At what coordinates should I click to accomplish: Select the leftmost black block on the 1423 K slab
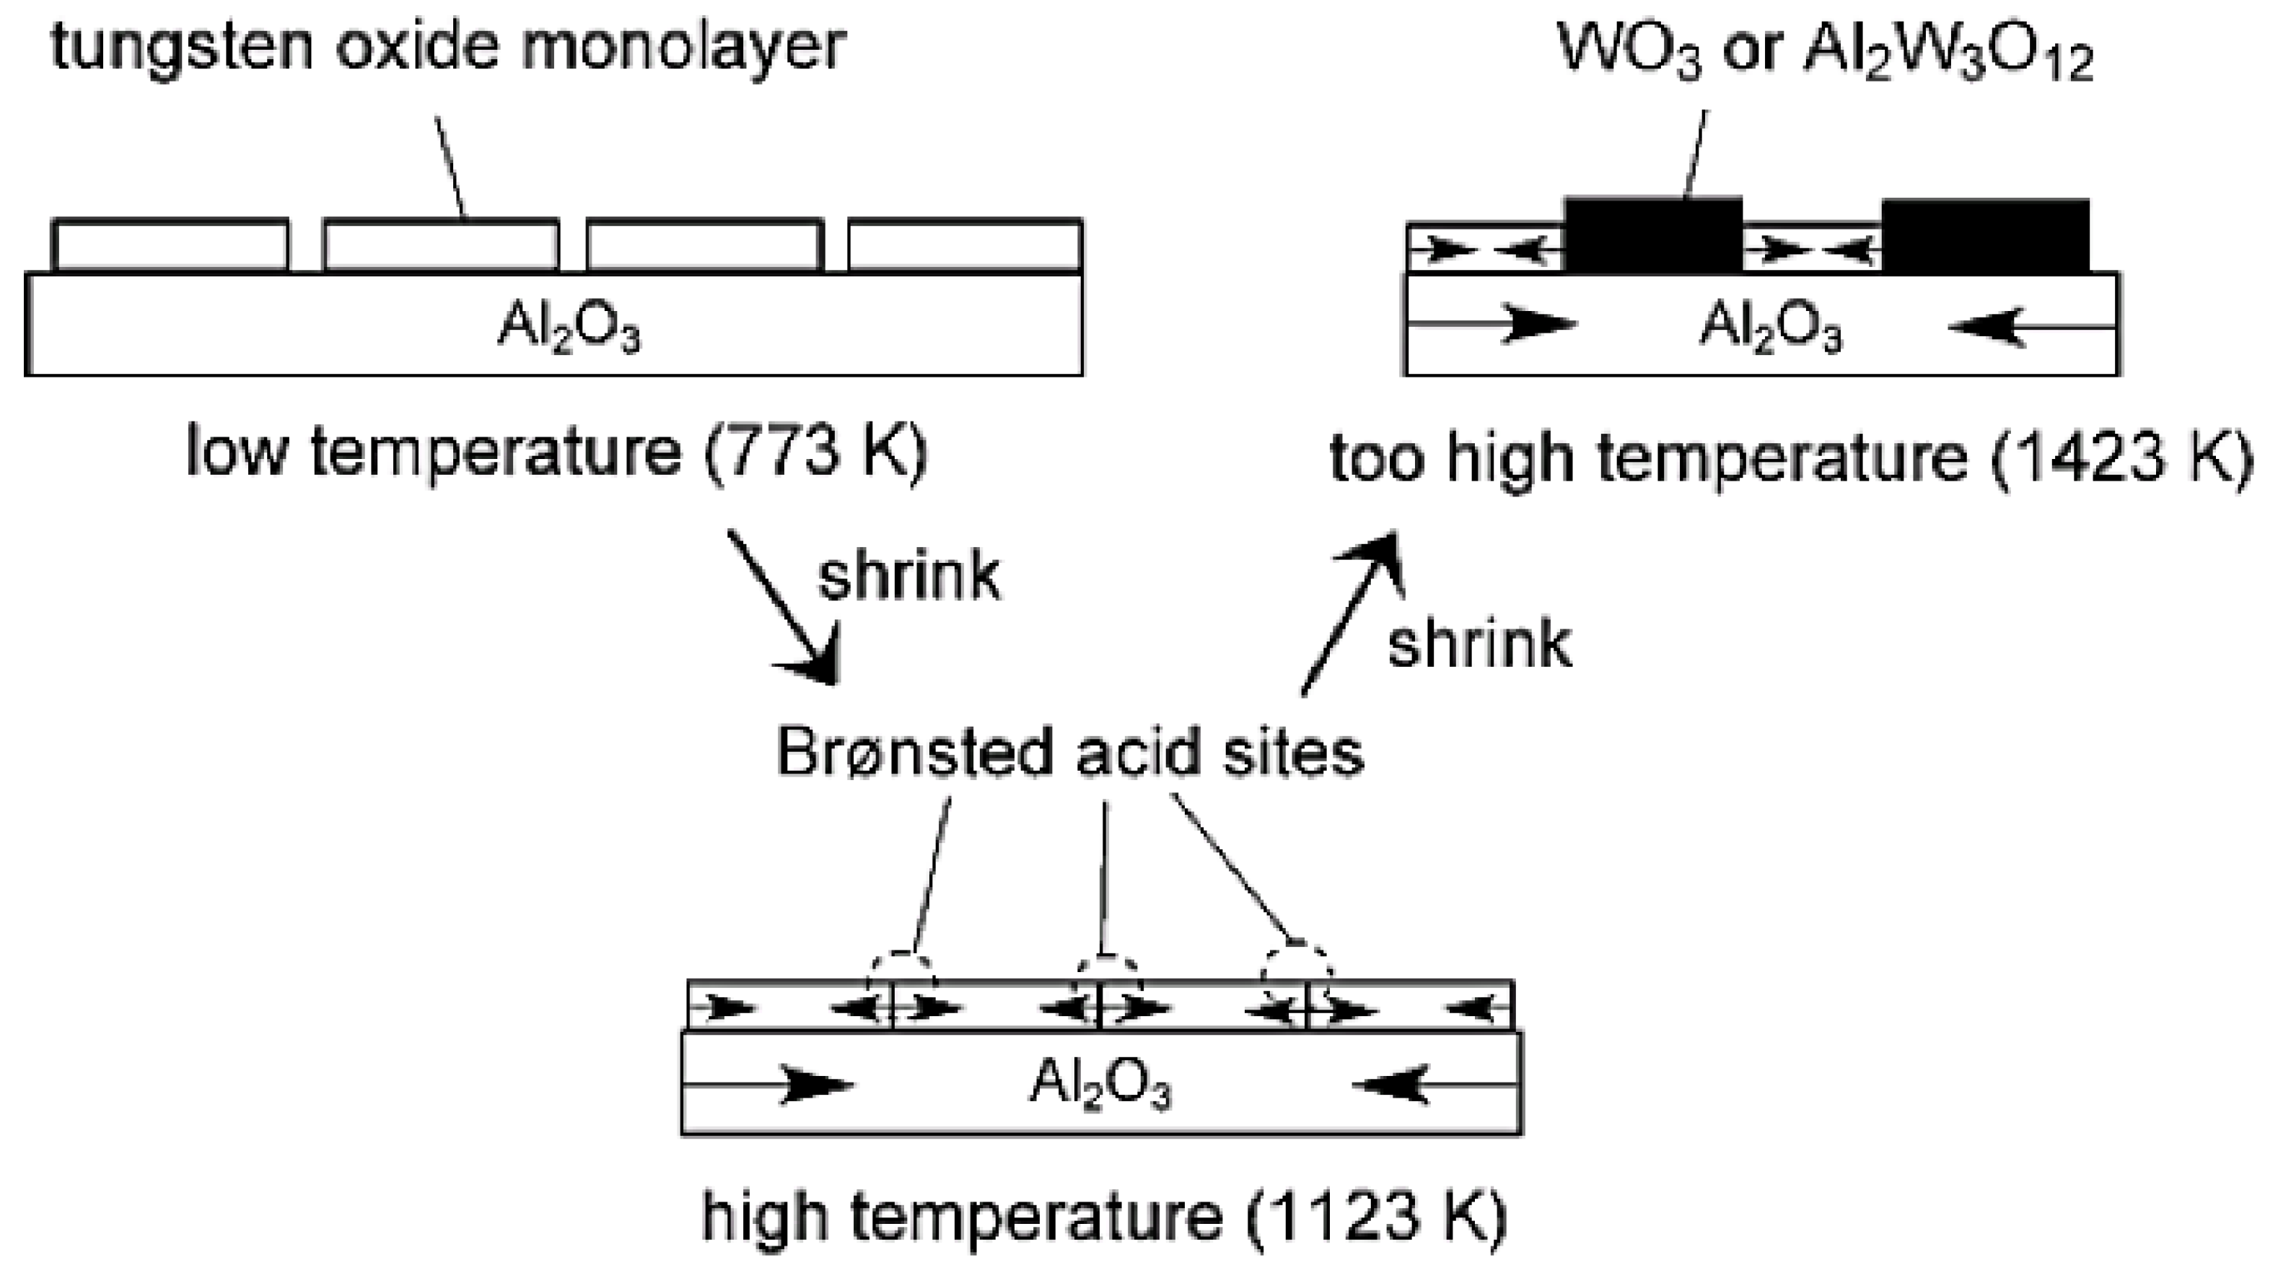[1653, 235]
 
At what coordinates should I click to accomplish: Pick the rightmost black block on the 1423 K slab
[1985, 235]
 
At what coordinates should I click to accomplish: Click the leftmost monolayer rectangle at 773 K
[171, 244]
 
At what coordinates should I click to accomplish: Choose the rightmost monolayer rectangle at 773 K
[965, 244]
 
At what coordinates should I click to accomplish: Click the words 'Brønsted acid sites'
[1070, 753]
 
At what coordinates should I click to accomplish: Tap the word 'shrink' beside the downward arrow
[909, 577]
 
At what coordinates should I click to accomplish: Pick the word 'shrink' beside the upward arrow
[1479, 644]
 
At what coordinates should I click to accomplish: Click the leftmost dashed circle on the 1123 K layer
[901, 980]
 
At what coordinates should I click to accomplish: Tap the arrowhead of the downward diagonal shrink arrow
[818, 665]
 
